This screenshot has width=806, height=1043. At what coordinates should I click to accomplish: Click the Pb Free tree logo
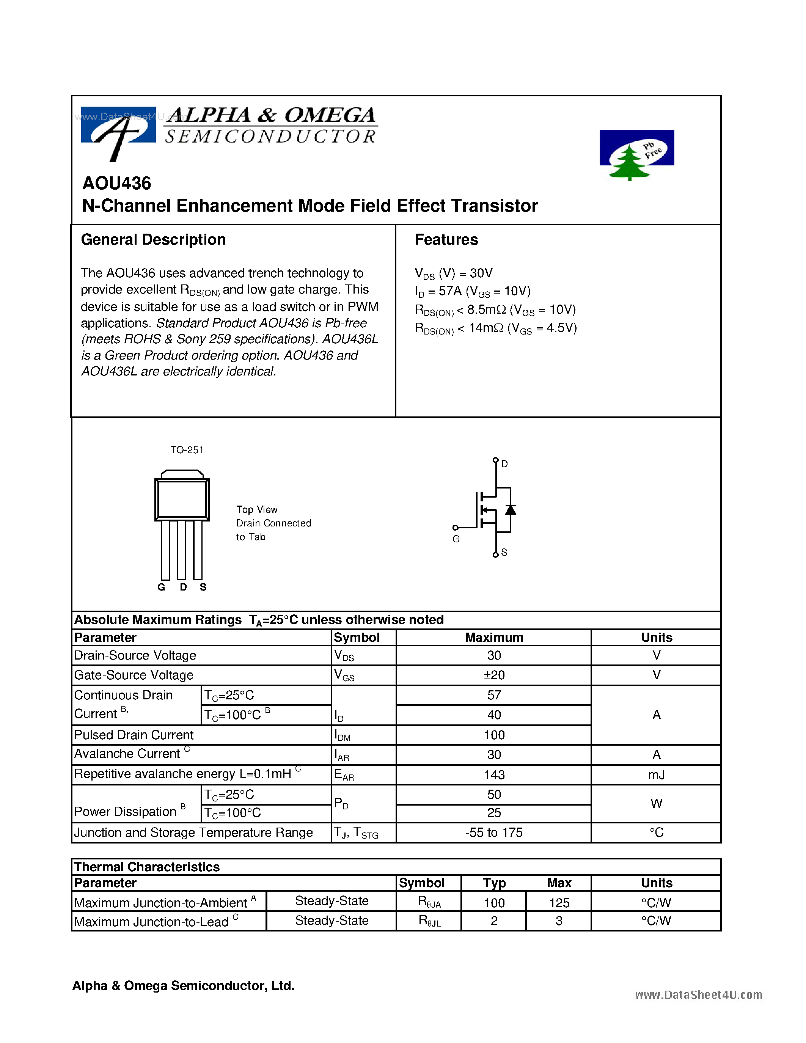click(636, 155)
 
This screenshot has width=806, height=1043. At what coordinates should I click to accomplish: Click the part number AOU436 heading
click(116, 184)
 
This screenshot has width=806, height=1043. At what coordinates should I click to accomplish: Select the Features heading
click(446, 240)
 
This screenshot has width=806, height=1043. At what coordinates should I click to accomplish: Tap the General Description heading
click(153, 240)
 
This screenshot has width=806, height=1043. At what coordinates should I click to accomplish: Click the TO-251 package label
click(187, 450)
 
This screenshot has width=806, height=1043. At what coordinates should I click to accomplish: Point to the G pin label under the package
click(162, 587)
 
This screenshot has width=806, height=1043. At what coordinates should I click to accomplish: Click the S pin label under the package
click(203, 587)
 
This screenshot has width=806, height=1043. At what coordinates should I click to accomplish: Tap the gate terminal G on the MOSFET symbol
click(456, 539)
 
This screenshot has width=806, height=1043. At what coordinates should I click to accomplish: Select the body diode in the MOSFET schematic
click(511, 510)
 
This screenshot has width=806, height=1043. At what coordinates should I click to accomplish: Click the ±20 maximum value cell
click(494, 675)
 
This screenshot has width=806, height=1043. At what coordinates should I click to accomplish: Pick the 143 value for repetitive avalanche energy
click(494, 774)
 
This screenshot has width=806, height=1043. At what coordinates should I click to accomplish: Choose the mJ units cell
click(656, 774)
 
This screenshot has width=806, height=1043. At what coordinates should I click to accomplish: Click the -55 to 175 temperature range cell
click(494, 833)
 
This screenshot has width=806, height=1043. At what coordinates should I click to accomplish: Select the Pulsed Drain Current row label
click(134, 735)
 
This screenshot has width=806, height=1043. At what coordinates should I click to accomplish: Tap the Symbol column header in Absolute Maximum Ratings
click(356, 638)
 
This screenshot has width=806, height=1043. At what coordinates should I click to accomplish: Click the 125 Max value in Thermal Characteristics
click(559, 903)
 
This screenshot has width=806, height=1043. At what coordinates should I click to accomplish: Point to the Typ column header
click(494, 883)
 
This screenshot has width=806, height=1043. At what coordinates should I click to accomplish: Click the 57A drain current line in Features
click(473, 291)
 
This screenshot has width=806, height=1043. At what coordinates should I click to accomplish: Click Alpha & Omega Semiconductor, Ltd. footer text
click(183, 986)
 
